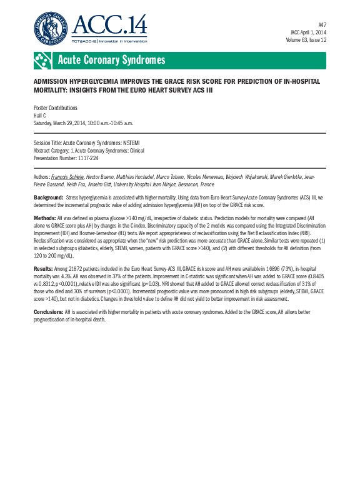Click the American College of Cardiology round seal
coord(51,28)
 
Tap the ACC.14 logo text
coord(109,26)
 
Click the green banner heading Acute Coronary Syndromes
coord(111,60)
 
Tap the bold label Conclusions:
coord(48,311)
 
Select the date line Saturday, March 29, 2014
coord(92,123)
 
